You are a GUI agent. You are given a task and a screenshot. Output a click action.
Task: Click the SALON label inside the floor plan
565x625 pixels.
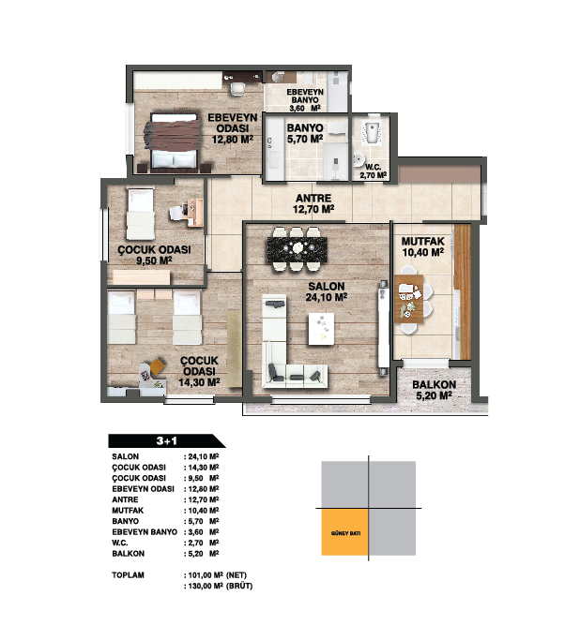coord(327,286)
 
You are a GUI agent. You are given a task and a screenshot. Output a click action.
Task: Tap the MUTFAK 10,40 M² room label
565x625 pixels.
coord(423,246)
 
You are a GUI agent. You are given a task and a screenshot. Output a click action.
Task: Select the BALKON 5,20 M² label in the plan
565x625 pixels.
coord(434,390)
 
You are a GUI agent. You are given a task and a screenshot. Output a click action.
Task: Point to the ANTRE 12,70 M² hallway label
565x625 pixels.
coord(313,203)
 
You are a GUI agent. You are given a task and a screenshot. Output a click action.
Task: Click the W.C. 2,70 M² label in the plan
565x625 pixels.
coord(373,171)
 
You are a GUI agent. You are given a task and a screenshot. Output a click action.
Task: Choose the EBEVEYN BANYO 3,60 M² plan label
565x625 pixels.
coord(305,100)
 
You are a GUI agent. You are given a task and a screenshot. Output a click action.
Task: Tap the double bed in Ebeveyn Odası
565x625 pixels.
coord(174,141)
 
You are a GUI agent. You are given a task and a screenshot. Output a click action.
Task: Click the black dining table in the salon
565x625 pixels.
coord(298,249)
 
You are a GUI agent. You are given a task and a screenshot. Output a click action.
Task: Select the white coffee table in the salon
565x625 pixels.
coord(321,329)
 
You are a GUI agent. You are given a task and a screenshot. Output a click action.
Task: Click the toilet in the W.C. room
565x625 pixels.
coord(371,133)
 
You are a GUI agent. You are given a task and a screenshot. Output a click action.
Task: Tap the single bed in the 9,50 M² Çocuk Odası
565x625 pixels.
coord(141,214)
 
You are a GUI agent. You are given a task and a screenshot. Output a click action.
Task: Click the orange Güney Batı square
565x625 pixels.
coord(344,532)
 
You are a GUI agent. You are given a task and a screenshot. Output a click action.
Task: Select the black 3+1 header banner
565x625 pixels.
coord(166,440)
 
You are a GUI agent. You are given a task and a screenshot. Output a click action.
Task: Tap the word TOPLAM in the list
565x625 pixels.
coord(128,575)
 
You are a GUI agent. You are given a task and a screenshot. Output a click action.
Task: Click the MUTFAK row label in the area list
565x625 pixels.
coord(128,510)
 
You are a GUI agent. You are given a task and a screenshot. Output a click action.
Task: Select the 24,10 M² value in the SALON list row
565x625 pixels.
coord(204,456)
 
